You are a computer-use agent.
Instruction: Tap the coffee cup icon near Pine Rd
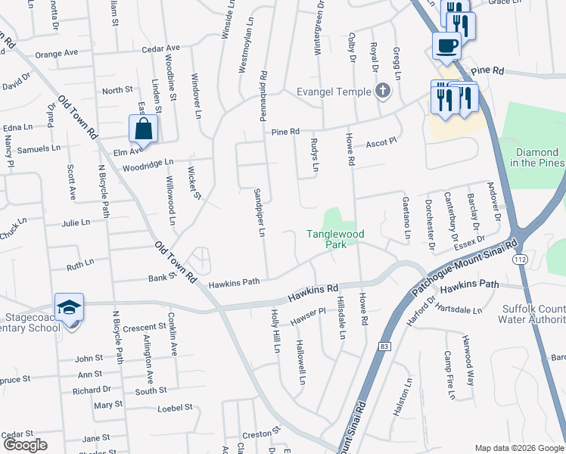point(446,45)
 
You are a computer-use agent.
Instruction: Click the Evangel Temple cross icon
point(383,92)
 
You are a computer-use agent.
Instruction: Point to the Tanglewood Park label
point(335,239)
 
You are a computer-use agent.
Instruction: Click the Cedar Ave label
point(160,49)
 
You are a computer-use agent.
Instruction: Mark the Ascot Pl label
point(381,143)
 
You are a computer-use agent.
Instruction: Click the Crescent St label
point(145,327)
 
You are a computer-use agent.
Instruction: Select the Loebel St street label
point(176,408)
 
